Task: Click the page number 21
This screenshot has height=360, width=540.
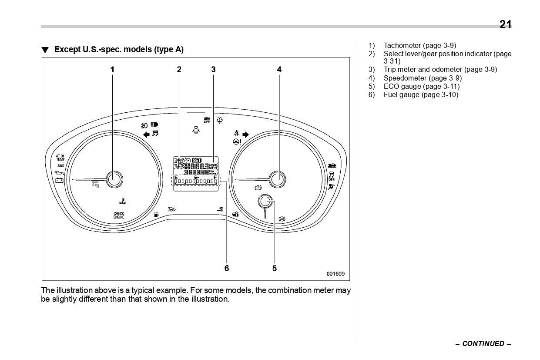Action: click(x=505, y=25)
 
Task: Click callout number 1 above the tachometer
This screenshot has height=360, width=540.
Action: click(x=112, y=69)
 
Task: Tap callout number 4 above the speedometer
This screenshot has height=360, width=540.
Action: click(x=279, y=69)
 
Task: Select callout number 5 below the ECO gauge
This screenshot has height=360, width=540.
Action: click(x=275, y=268)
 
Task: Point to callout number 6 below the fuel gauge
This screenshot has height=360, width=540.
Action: click(x=227, y=268)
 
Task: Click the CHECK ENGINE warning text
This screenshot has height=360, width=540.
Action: click(x=119, y=215)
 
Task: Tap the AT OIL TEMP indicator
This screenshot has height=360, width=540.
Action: click(x=60, y=158)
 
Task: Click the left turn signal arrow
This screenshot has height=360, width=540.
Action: click(x=146, y=135)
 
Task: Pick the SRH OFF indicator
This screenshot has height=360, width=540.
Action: click(x=207, y=120)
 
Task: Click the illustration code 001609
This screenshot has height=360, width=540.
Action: click(x=335, y=274)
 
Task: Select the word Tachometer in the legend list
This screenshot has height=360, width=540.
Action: click(x=402, y=45)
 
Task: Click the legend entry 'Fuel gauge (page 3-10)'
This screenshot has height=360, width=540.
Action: click(x=421, y=94)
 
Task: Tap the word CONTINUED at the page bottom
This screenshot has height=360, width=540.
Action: click(x=483, y=343)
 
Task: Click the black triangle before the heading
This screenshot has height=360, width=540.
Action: click(x=45, y=50)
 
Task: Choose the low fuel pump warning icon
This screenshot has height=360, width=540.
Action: click(x=156, y=214)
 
